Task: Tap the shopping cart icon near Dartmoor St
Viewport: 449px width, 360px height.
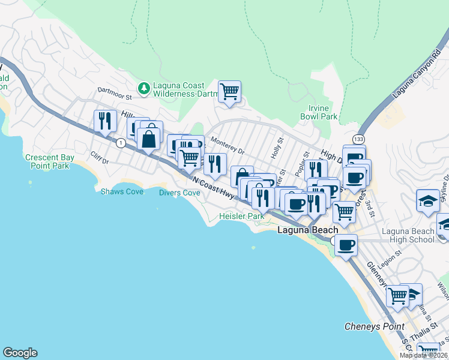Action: [x=229, y=92]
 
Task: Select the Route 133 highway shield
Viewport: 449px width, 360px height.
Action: [x=358, y=139]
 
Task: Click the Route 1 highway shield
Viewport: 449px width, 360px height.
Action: [x=121, y=143]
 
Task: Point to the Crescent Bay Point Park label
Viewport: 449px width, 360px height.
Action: [x=50, y=161]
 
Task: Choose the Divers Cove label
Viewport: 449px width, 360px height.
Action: [x=179, y=193]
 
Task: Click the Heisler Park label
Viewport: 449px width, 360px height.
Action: [x=241, y=216]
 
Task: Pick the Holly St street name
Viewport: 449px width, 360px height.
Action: [x=277, y=148]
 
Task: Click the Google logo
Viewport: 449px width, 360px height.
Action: [x=20, y=353]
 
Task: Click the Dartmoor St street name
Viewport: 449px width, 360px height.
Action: [x=115, y=95]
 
